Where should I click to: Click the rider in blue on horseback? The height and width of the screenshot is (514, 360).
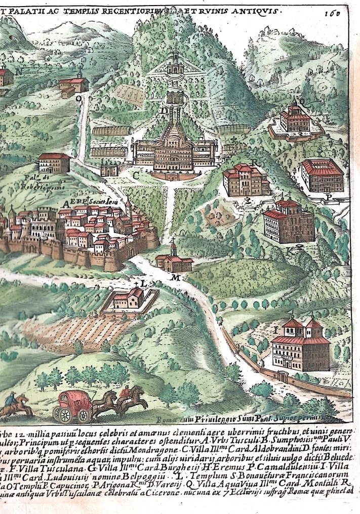click(x=12, y=402)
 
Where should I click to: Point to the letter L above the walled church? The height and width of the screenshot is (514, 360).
click(x=144, y=284)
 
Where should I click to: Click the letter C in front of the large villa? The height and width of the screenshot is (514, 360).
click(x=136, y=175)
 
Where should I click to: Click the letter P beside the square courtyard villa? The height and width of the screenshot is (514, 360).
click(x=329, y=197)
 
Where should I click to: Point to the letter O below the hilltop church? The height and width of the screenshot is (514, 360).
click(x=78, y=99)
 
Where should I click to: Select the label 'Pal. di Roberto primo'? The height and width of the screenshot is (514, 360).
click(x=45, y=181)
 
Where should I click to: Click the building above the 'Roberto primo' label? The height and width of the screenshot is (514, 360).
click(x=54, y=163)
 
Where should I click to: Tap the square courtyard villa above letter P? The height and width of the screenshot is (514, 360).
click(x=323, y=175)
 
